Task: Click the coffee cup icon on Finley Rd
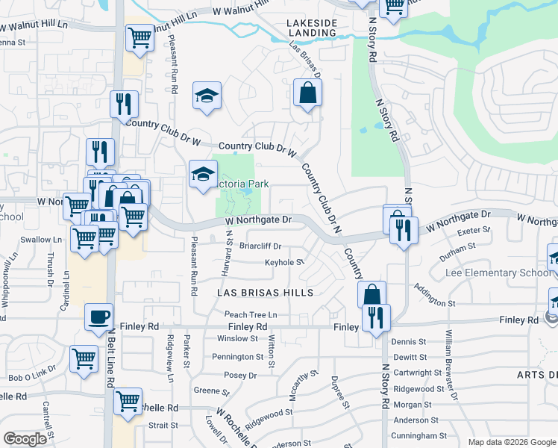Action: pyautogui.click(x=98, y=317)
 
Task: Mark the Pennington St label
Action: pyautogui.click(x=239, y=357)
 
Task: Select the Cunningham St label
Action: pyautogui.click(x=420, y=435)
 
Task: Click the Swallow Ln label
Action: pyautogui.click(x=41, y=240)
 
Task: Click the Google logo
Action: pyautogui.click(x=25, y=438)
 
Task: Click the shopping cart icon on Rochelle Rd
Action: pyautogui.click(x=128, y=400)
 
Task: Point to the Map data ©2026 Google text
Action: pyautogui.click(x=512, y=442)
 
